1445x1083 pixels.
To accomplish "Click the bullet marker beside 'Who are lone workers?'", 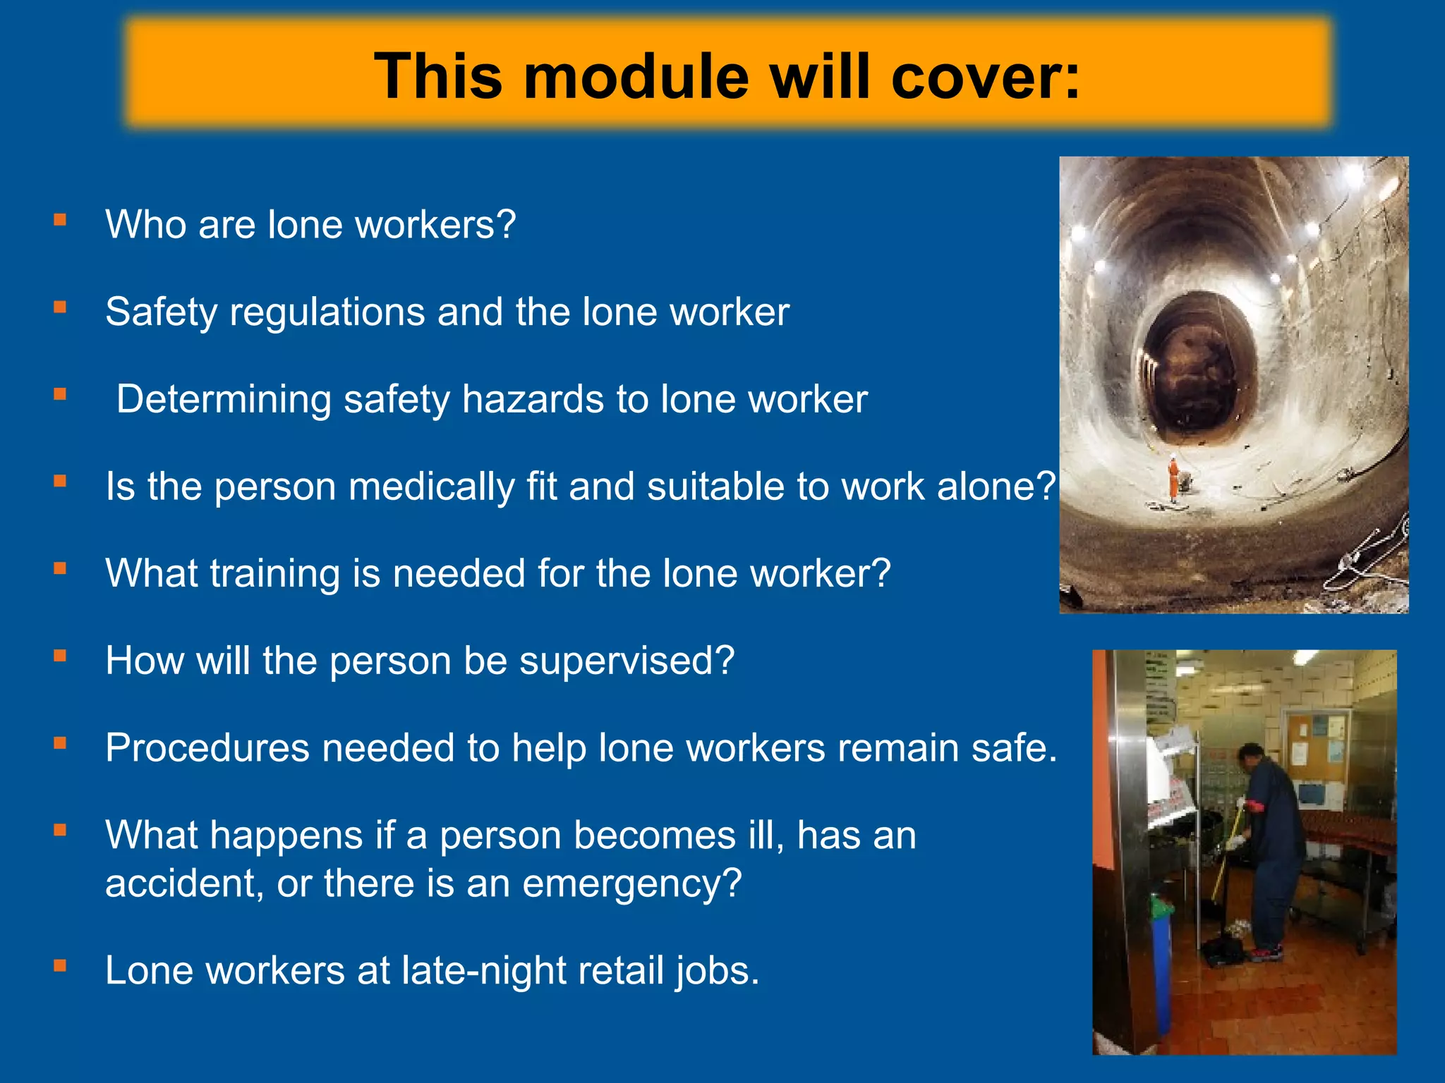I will pyautogui.click(x=60, y=220).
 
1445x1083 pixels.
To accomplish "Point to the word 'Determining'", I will pyautogui.click(x=224, y=399).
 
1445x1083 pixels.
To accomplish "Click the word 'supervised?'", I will pyautogui.click(x=627, y=661).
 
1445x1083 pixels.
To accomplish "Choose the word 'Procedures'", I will pyautogui.click(x=207, y=747).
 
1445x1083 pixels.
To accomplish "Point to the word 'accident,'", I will pyautogui.click(x=184, y=883).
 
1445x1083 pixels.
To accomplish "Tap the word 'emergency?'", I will pyautogui.click(x=632, y=883).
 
